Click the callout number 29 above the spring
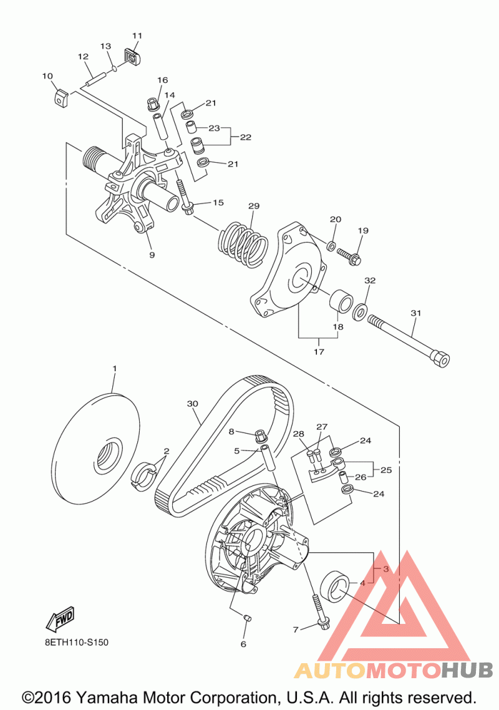[253, 207]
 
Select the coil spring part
[243, 243]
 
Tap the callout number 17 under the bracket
[319, 352]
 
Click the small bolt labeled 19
[346, 255]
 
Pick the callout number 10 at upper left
[47, 76]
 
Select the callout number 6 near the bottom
[243, 644]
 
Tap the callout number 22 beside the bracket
[246, 137]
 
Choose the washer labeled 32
[360, 311]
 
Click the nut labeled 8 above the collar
[260, 433]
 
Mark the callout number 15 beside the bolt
[218, 202]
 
